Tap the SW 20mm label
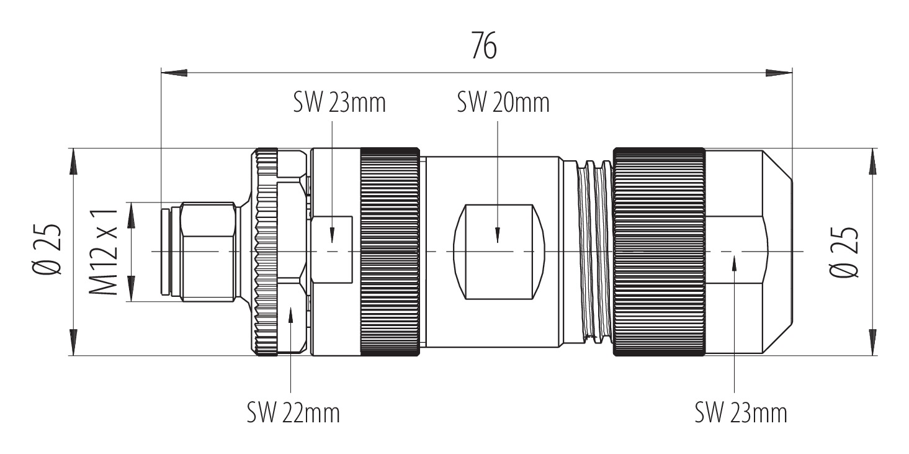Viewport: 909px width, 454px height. coord(503,103)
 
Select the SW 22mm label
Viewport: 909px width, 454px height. coord(293,412)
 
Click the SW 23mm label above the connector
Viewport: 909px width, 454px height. coord(339,103)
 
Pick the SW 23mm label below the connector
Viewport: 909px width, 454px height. coord(741,412)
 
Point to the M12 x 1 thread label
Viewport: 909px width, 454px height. coord(104,251)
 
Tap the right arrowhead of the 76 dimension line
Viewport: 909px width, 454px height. coord(779,73)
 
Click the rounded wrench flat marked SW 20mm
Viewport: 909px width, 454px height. coord(500,252)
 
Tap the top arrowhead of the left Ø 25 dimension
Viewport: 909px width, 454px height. coord(74,163)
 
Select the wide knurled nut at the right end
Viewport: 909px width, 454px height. coord(658,252)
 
